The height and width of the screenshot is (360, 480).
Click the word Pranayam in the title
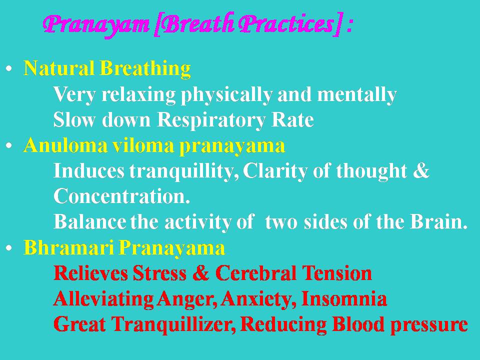click(x=96, y=25)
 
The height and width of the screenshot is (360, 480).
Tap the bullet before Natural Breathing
click(x=9, y=68)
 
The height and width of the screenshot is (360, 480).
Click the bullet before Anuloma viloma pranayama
click(x=9, y=145)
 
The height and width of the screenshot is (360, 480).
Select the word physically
click(x=226, y=95)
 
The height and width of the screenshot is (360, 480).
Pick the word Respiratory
click(x=211, y=120)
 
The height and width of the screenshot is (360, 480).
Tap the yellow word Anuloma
click(x=66, y=145)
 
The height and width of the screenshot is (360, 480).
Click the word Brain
click(x=438, y=221)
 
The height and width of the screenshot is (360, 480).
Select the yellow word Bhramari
click(x=69, y=247)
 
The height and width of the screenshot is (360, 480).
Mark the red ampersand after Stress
click(x=200, y=273)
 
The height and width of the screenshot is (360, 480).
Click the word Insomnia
click(x=344, y=299)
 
